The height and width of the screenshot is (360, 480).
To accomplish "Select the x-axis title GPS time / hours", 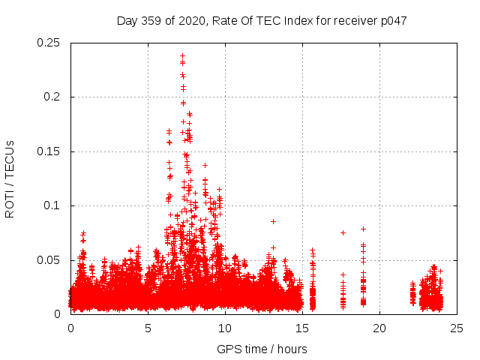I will coord(262,349).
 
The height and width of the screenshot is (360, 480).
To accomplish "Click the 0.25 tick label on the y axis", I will coord(49,43).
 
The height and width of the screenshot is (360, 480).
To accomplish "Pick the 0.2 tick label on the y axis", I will coord(52,97).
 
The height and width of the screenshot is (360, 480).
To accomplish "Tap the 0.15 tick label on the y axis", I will coord(49,151).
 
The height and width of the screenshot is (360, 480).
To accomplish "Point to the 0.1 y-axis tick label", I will coord(52,205).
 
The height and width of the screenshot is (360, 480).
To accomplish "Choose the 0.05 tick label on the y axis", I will coord(49,260).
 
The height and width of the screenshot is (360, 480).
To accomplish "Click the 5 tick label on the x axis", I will coord(148,328).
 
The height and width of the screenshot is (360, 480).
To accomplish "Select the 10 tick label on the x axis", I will coord(225,328).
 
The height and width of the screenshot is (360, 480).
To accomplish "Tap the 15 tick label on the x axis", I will coord(302,328).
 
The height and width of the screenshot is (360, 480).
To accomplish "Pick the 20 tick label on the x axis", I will coord(379,328).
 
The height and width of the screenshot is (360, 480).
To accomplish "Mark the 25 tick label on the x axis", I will coord(457,328).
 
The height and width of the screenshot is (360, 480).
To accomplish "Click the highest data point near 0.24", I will coord(182,55).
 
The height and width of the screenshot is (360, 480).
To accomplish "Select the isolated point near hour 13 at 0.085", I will coord(273,221).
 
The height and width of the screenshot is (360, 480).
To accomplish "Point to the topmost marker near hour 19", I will coord(363,229).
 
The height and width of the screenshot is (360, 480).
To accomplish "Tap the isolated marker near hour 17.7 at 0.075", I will coord(343,232).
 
